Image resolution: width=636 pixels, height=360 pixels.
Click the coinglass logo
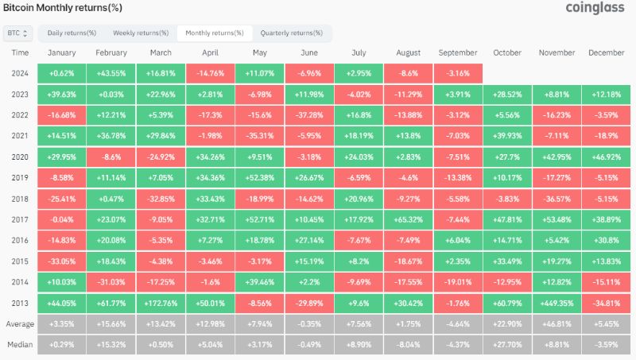(595, 8)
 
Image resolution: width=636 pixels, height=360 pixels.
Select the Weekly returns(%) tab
(141, 33)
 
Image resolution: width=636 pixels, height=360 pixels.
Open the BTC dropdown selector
(17, 33)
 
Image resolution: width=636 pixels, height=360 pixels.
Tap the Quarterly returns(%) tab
(292, 33)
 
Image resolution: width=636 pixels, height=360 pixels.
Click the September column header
(458, 52)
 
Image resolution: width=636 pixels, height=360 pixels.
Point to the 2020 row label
(20, 157)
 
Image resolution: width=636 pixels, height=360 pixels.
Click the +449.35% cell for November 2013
(557, 304)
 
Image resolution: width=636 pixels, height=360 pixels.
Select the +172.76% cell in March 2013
(161, 304)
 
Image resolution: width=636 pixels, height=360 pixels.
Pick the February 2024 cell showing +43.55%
(111, 73)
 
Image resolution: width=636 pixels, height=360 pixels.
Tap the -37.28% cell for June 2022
(309, 115)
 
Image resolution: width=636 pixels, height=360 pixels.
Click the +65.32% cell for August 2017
(409, 219)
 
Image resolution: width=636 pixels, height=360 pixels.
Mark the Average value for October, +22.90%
(507, 324)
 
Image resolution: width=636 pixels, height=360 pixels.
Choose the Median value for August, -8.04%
(409, 345)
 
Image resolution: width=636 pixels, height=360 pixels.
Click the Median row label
(20, 345)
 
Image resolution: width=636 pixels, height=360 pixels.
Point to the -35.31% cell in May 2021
(260, 136)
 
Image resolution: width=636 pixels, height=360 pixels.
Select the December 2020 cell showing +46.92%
(607, 157)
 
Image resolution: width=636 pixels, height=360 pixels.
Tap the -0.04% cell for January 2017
(62, 219)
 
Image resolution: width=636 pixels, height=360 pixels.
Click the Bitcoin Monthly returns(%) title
(63, 8)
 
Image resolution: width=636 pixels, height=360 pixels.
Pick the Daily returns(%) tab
(72, 33)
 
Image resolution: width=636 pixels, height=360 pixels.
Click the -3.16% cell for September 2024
(458, 73)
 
